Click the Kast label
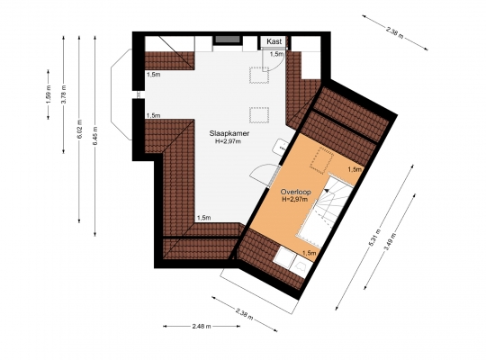[274, 41]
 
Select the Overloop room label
[296, 192]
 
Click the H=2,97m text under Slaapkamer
[228, 141]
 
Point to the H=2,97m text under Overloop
[295, 200]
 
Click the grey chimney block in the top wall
[228, 40]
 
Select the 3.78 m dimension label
[63, 94]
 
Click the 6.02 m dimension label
[79, 130]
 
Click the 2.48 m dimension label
[202, 326]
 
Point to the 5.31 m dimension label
[374, 238]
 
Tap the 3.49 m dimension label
[390, 242]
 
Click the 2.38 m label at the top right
[395, 32]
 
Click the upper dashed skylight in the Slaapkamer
[259, 76]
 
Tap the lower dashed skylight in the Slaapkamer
[259, 115]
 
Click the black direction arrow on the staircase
[327, 191]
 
